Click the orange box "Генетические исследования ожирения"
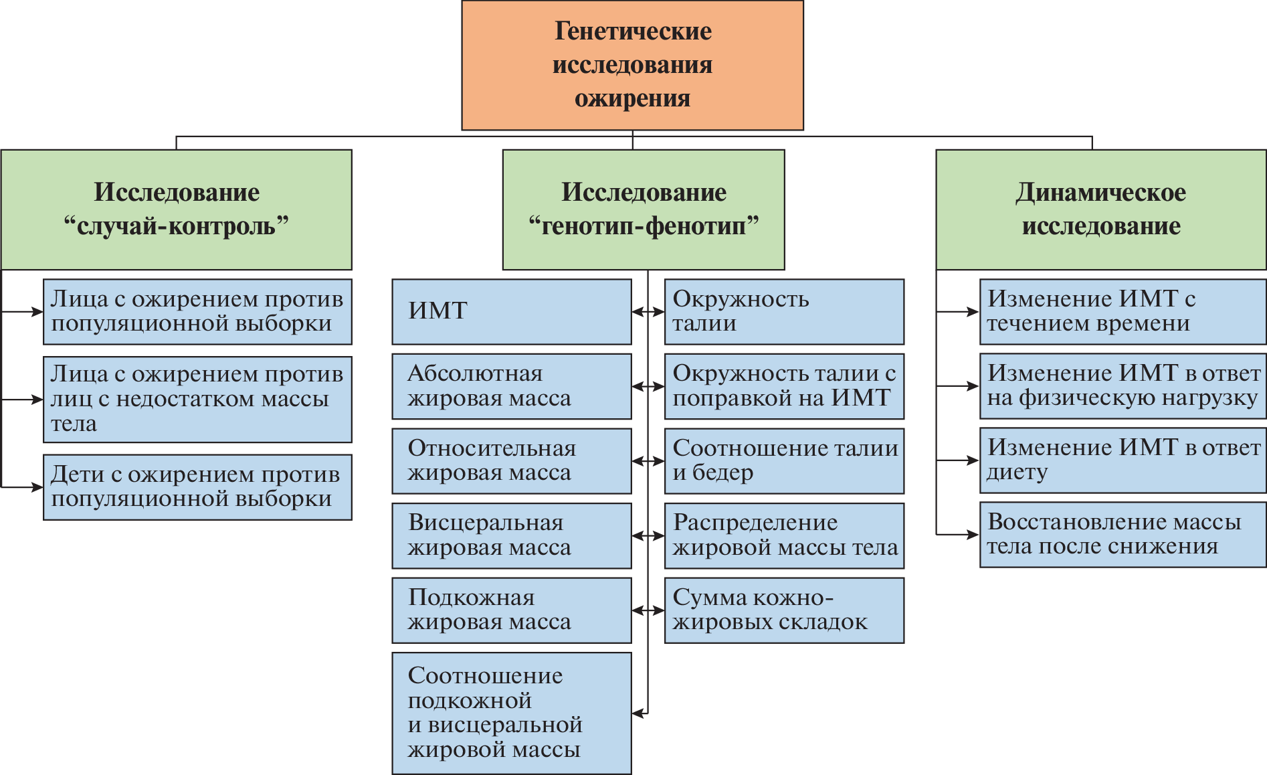point(632,65)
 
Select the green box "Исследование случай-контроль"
point(177,209)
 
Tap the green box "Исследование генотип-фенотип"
point(643,209)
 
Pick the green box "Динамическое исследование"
point(1100,209)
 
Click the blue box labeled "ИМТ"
point(511,311)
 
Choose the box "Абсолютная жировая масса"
point(511,386)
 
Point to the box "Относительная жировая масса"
point(511,461)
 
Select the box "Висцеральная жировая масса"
point(511,535)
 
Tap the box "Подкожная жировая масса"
point(511,610)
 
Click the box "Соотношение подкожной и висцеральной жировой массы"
point(511,713)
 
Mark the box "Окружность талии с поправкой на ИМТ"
point(784,386)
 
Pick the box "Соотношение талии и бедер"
point(784,461)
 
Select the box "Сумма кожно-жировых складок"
point(784,610)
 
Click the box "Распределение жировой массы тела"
point(784,535)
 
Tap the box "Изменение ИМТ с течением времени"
point(1123,311)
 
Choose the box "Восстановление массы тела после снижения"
point(1123,535)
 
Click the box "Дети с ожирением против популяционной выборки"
point(197,487)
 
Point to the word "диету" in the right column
point(1017,472)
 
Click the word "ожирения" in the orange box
point(632,99)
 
